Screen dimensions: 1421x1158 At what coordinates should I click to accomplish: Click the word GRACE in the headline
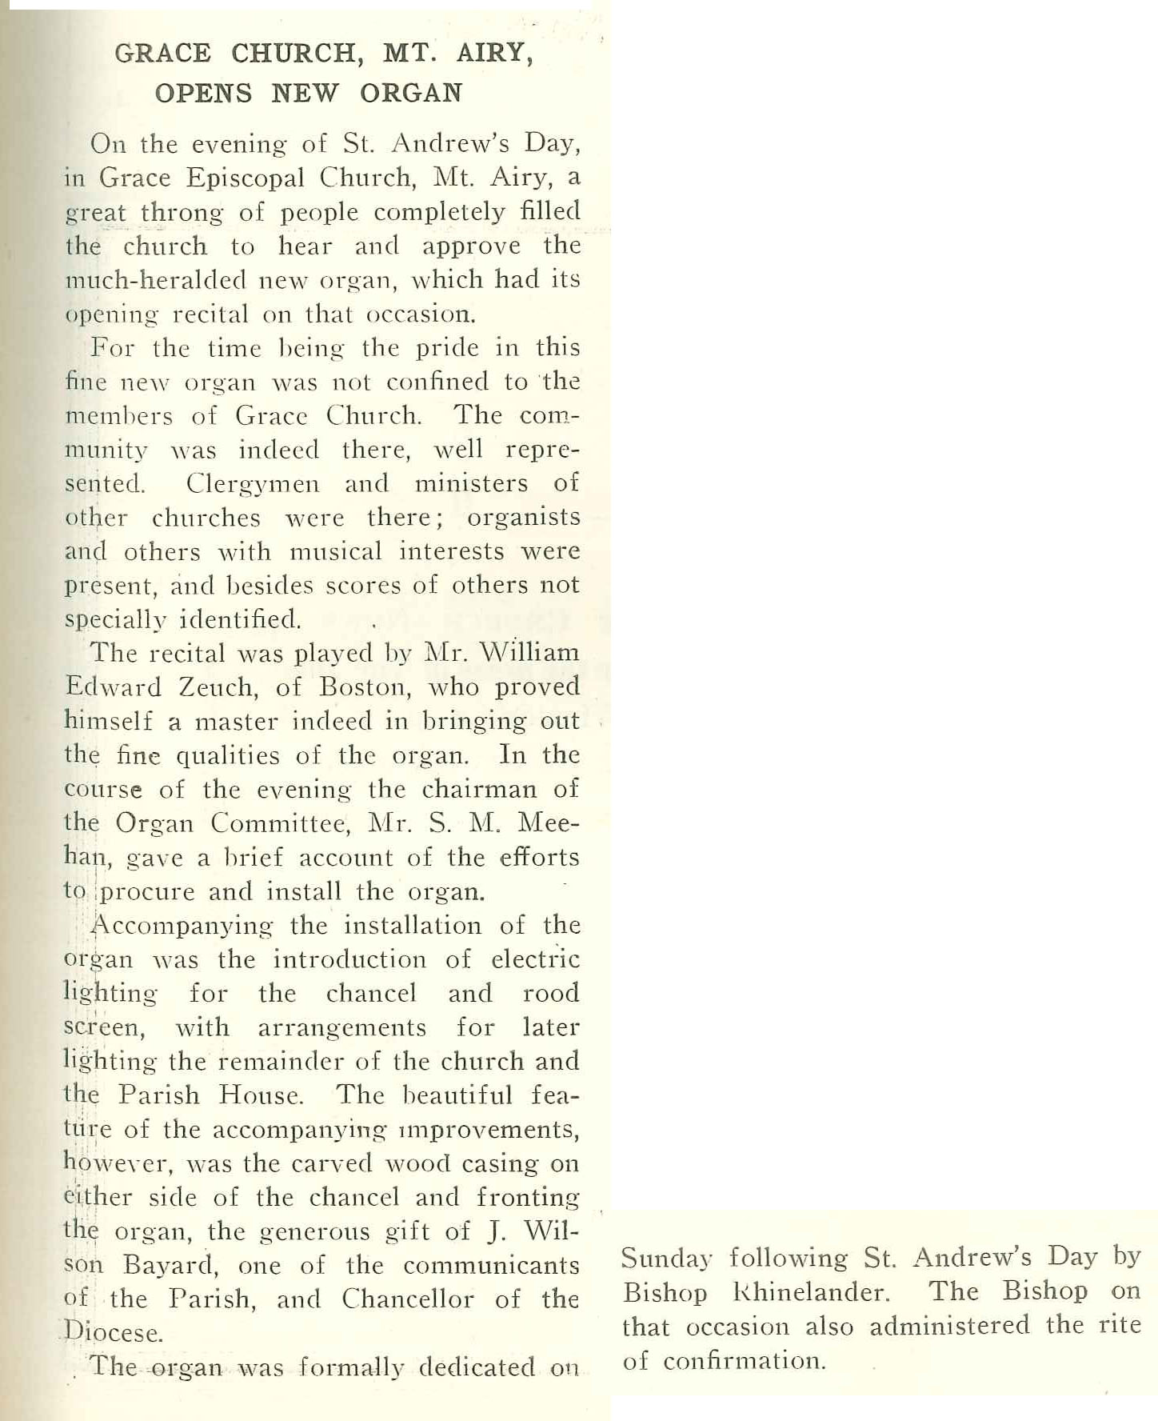pos(162,54)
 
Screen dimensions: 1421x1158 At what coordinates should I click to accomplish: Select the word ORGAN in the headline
pos(411,94)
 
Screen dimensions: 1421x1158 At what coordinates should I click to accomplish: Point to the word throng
pos(182,213)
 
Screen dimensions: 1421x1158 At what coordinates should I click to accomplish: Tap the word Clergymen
pos(253,484)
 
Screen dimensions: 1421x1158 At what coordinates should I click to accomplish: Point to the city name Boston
pos(361,688)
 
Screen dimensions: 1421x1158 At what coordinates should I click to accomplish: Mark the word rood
pos(551,993)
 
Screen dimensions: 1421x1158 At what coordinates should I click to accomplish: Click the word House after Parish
pos(261,1095)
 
